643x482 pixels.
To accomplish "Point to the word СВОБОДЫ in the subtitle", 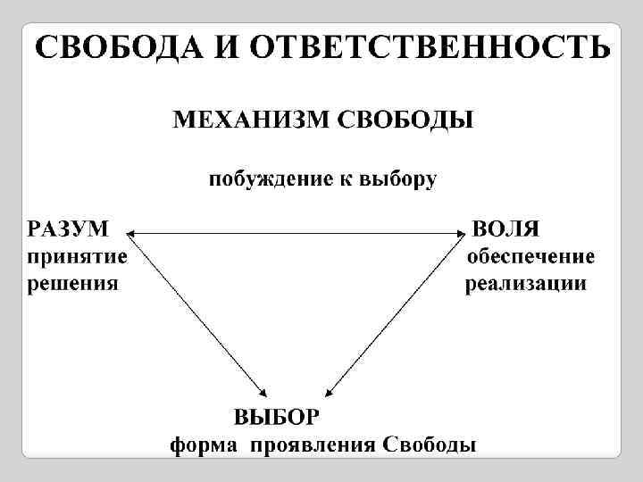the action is click(405, 120).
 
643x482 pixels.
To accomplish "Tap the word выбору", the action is click(398, 180).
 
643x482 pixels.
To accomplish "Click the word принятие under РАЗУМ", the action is click(77, 258).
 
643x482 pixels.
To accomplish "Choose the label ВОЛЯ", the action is click(505, 229).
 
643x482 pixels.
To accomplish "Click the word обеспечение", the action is click(531, 258).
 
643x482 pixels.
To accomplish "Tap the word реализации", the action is click(526, 286).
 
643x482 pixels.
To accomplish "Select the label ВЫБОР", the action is click(276, 418).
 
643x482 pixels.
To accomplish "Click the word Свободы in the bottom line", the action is click(429, 445).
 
